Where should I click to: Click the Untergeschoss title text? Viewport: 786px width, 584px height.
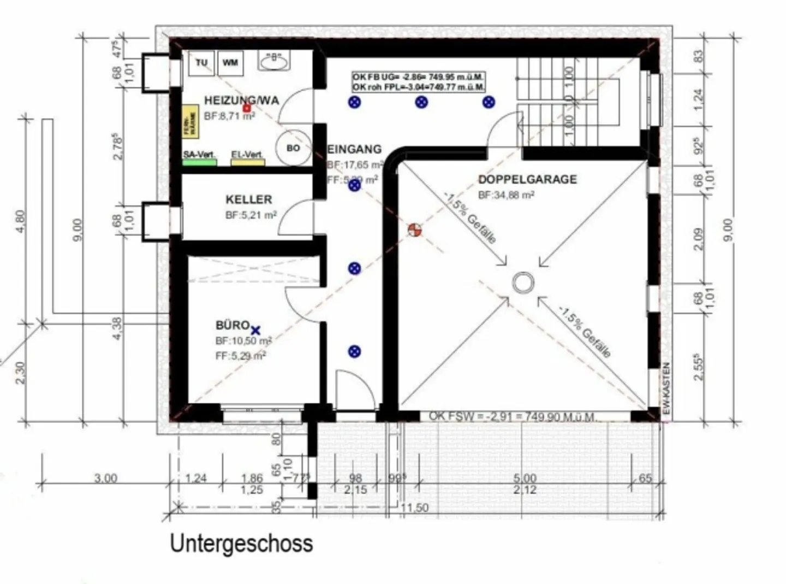241,543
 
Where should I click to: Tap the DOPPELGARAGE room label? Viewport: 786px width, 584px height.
527,179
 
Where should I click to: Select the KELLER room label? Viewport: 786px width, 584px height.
248,199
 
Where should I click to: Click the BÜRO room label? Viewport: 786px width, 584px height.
233,325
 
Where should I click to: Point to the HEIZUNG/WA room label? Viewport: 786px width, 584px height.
241,101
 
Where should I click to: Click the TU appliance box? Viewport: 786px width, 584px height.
201,63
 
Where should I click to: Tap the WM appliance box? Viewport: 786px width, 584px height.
230,63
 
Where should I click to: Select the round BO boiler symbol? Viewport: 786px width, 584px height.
293,148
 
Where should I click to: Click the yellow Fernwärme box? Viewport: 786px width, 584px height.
190,122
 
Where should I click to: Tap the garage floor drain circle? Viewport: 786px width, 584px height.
523,283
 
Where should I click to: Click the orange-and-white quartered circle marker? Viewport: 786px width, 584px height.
415,230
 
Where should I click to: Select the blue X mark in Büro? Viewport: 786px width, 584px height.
255,330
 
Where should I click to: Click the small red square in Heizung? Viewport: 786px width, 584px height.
246,108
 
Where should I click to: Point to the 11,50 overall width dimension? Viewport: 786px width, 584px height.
414,508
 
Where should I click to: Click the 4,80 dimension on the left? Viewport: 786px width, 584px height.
20,221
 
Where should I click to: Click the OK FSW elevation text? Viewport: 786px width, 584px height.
511,416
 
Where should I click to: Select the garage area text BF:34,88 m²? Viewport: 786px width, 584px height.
506,194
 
